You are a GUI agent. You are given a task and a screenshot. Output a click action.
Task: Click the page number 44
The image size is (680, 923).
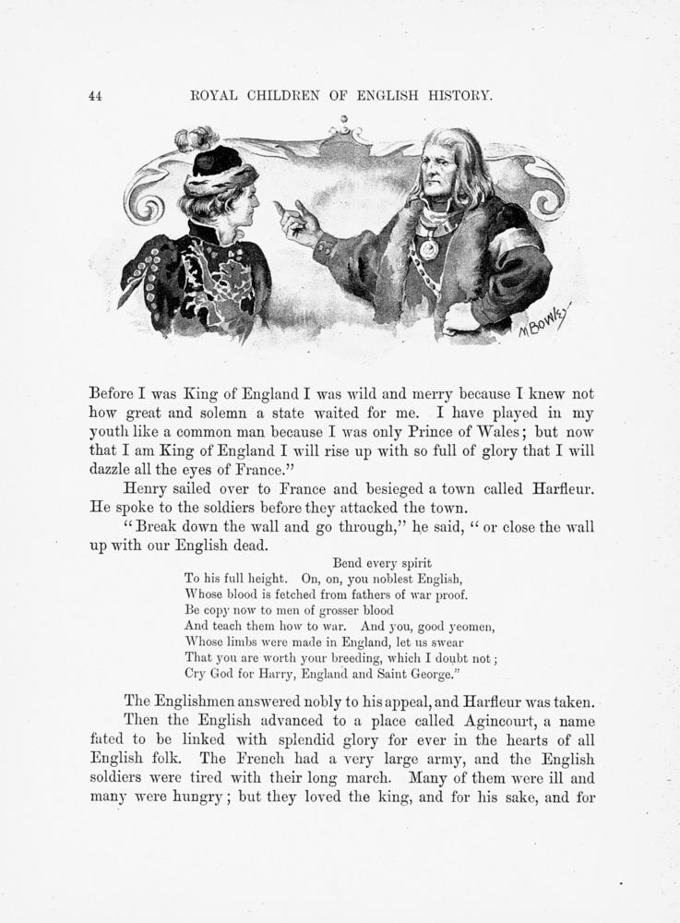94,94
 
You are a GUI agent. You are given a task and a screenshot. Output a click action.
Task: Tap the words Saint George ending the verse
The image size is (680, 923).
407,674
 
